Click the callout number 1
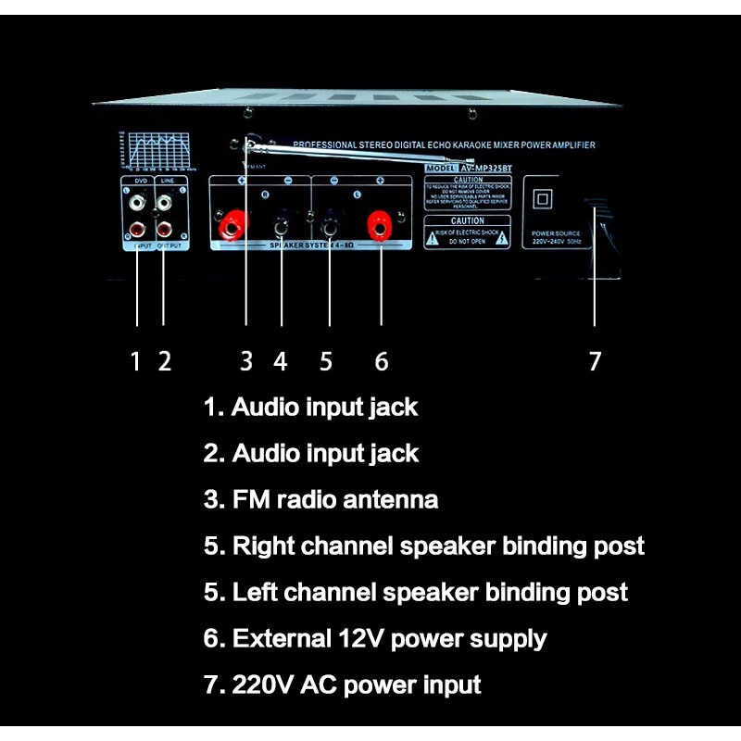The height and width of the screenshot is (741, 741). [x=135, y=360]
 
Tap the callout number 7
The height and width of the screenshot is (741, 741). [x=595, y=360]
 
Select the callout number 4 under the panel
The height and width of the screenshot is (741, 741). [x=281, y=360]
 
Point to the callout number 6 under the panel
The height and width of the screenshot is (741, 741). [x=382, y=360]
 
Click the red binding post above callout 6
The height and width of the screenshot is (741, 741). [x=379, y=223]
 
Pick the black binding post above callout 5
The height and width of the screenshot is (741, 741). [x=329, y=224]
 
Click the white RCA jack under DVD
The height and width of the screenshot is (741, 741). [x=137, y=199]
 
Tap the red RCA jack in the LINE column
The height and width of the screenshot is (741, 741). [x=164, y=225]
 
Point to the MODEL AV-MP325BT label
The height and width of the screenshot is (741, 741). [x=468, y=168]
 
